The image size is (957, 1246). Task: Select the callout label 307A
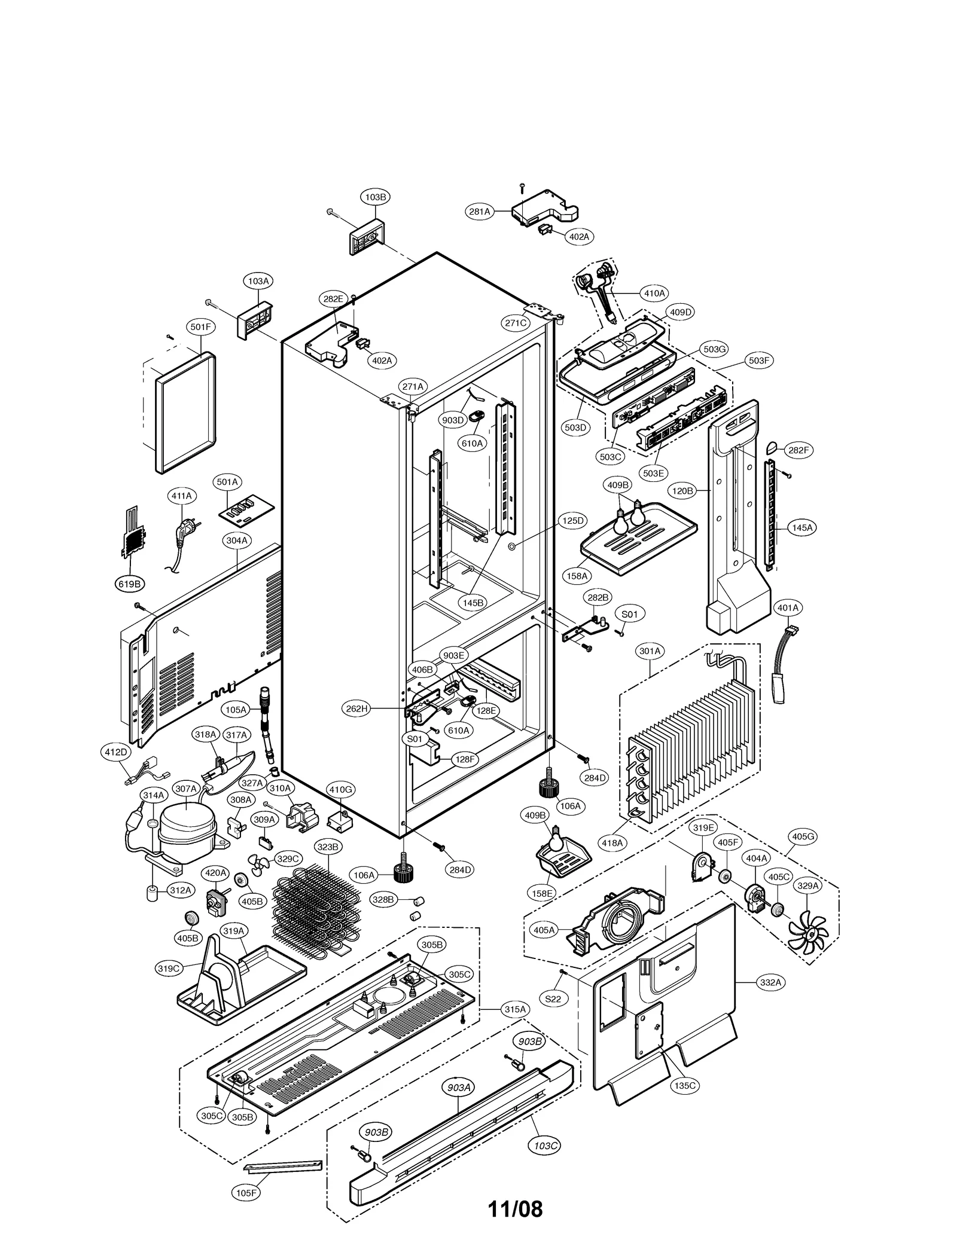185,789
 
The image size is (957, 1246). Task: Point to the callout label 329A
808,886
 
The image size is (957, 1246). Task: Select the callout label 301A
650,651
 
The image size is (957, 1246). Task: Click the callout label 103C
544,1146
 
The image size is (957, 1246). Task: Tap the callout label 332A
770,982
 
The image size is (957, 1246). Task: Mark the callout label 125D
572,521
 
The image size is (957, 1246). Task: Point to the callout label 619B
129,584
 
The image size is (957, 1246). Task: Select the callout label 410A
654,294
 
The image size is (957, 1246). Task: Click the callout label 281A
479,211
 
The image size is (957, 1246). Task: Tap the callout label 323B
328,847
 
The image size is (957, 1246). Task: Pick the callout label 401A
787,608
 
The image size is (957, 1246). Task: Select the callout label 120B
682,491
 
